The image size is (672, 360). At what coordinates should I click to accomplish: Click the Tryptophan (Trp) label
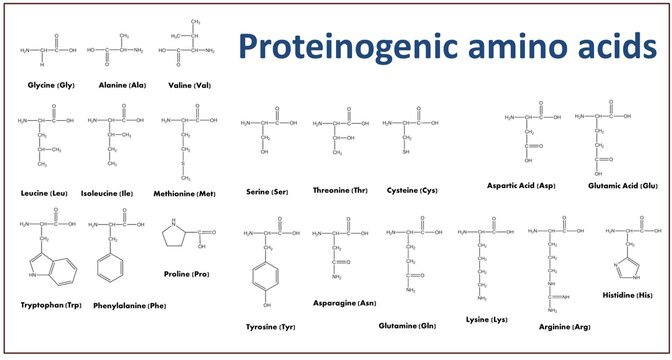point(50,303)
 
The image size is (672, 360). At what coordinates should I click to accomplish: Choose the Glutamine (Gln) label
point(407,326)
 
